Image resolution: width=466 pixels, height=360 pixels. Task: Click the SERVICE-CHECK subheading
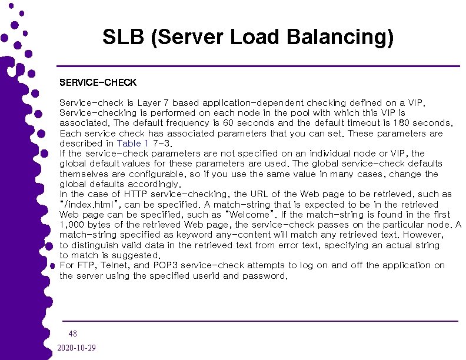[x=98, y=82]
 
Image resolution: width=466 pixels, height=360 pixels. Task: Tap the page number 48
[x=72, y=334]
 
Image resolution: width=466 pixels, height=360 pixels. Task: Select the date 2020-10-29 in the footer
[x=77, y=348]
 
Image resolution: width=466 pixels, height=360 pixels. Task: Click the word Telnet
[x=115, y=265]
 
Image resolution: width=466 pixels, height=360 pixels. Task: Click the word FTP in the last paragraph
[x=86, y=265]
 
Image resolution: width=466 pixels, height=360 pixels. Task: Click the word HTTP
[x=137, y=194]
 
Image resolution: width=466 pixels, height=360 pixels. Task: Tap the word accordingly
[x=152, y=184]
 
